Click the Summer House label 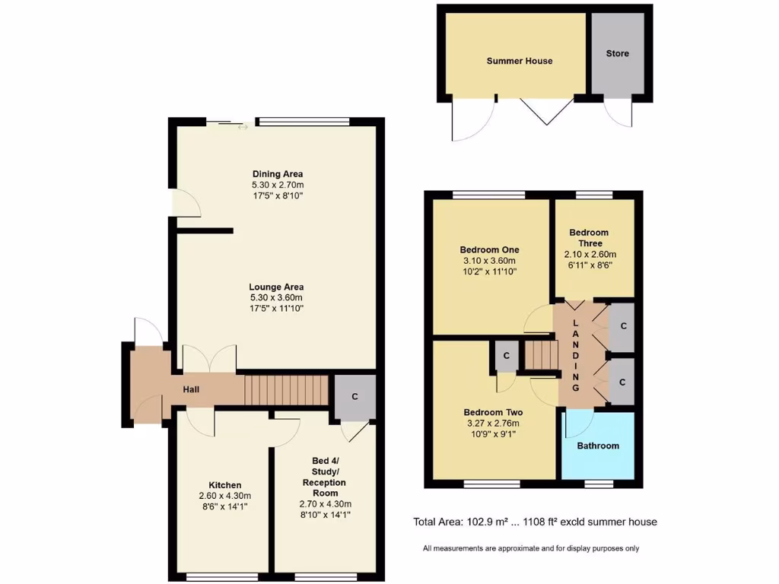(x=520, y=61)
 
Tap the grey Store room (x=617, y=54)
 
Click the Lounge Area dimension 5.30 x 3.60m (x=276, y=297)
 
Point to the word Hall (x=191, y=389)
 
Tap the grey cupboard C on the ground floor (x=355, y=397)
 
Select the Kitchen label (x=225, y=485)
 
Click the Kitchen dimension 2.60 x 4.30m (x=225, y=495)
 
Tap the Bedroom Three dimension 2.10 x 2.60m (x=590, y=254)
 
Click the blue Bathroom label (x=597, y=446)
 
